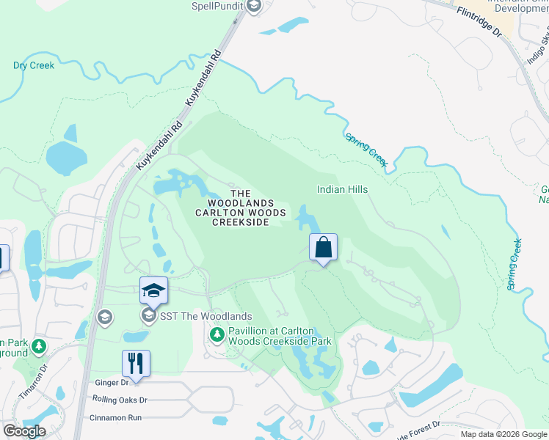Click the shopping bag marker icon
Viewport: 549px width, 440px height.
click(x=323, y=248)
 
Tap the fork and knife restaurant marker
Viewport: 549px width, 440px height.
click(x=136, y=363)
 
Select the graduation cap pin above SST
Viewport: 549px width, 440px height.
click(x=153, y=290)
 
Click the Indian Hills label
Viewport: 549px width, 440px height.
click(x=342, y=189)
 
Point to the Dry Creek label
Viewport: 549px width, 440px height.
click(x=34, y=65)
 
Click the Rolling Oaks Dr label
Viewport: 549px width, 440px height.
click(x=120, y=400)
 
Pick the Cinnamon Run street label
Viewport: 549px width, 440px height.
click(x=114, y=417)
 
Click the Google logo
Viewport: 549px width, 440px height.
click(x=24, y=431)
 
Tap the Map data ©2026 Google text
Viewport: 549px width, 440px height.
click(x=503, y=434)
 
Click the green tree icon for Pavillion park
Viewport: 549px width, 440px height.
click(x=217, y=335)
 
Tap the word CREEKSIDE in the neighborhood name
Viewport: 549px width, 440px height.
click(x=241, y=221)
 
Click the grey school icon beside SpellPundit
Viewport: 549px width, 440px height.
click(x=254, y=7)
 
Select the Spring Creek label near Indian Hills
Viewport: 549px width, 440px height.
click(x=366, y=150)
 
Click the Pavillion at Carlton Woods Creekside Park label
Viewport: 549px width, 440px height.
click(x=280, y=336)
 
